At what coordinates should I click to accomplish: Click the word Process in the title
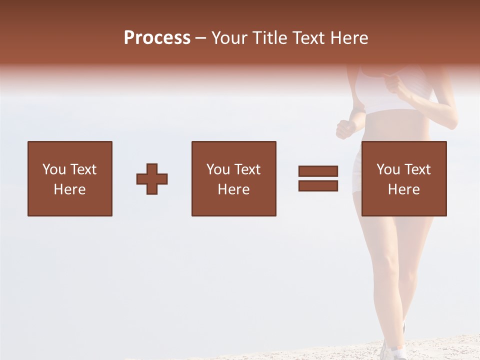pos(157,38)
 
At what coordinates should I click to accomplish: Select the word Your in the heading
pos(229,38)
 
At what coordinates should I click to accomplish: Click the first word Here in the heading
pos(348,38)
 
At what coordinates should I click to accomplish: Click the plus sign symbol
pos(152,179)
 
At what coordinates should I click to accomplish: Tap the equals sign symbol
pos(318,178)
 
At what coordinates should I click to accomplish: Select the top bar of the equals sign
pos(318,171)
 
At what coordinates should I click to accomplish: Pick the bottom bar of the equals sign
pos(318,185)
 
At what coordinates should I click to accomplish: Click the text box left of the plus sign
pos(70,178)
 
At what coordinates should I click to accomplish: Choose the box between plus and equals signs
pos(233,178)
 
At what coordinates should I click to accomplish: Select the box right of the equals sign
pos(403,178)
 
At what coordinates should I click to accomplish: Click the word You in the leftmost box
pos(54,169)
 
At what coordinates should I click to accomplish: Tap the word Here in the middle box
pos(233,189)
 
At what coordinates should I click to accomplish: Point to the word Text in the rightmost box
pos(417,169)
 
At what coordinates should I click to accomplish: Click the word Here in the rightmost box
pos(403,189)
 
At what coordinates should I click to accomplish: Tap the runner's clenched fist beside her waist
pos(345,128)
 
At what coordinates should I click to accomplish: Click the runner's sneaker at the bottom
pos(393,350)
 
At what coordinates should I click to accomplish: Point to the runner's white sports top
pos(395,95)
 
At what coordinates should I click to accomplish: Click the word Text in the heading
pos(309,38)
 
